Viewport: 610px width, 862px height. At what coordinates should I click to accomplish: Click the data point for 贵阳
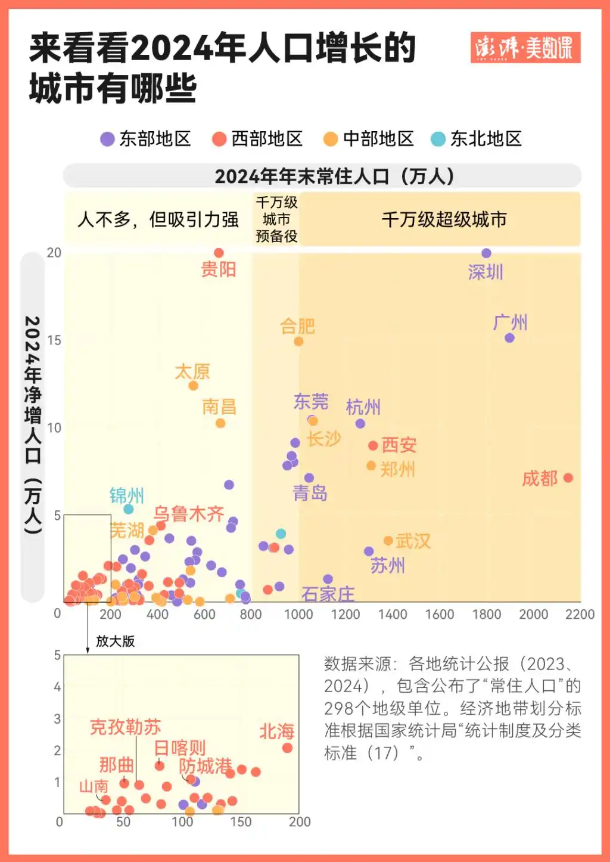219,253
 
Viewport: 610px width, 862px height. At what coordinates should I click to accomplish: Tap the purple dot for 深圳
486,253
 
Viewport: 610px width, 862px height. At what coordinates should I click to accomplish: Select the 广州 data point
509,338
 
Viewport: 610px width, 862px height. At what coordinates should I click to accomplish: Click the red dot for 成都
568,477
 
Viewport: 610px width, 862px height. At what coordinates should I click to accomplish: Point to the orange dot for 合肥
298,342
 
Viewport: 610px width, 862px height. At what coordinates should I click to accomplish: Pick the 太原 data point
193,386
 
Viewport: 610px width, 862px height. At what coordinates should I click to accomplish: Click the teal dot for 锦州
128,509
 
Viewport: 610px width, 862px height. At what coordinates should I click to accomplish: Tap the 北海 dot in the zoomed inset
287,748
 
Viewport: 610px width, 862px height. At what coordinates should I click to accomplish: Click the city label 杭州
363,408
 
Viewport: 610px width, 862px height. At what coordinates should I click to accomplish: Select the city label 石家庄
328,594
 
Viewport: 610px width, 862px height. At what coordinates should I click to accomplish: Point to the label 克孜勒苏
125,727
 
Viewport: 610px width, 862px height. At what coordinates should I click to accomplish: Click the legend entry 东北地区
477,139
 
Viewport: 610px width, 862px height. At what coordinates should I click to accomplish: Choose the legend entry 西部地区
257,139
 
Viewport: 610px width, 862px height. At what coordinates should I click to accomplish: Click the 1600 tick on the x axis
439,614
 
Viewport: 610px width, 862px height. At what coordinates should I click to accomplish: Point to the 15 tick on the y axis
54,340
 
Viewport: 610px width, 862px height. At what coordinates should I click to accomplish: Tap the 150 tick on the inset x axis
241,821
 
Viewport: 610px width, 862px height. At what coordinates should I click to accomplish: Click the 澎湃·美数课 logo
525,48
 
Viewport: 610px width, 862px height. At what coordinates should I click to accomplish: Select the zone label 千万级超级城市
444,219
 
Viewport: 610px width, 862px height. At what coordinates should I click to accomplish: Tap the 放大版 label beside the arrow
116,641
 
